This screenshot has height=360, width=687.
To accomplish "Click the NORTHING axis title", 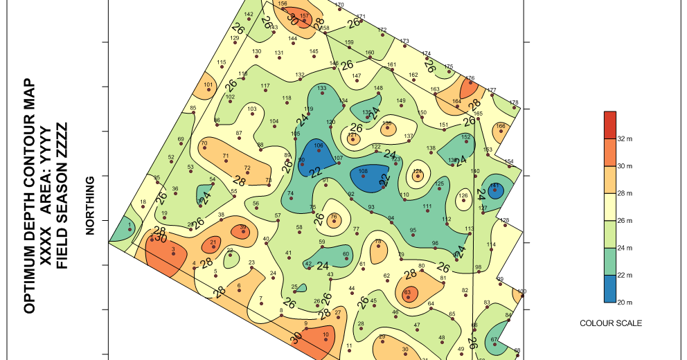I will coord(89,206).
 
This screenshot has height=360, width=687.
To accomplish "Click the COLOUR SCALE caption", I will coord(611,323).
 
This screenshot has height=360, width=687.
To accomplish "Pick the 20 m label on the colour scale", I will coord(626,303).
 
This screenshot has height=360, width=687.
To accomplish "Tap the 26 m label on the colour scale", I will coord(626,221).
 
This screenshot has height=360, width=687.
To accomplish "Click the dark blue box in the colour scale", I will coord(610,289).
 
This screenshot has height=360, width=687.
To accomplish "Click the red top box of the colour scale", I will coord(610,125).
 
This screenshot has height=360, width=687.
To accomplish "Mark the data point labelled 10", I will coord(325,340).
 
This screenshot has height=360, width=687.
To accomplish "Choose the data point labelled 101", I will coord(208,91).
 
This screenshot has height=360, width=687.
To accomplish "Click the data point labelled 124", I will coord(417,176).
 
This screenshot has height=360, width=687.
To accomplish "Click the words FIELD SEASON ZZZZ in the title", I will coord(62,196).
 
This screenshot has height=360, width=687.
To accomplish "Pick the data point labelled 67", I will coord(494,344).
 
